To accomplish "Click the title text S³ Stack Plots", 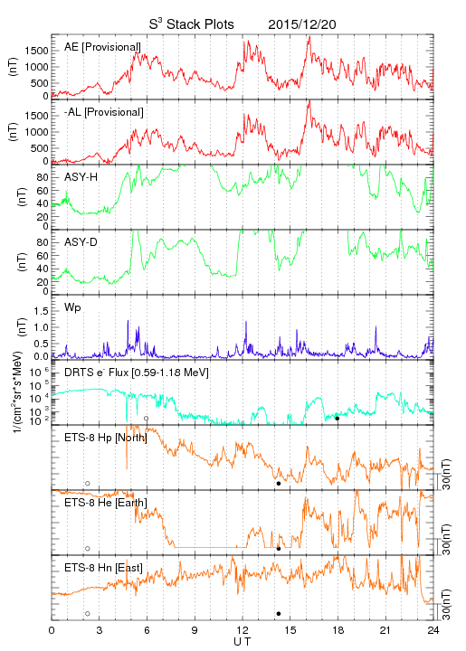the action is (x=192, y=24).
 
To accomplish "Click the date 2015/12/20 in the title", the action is (x=302, y=24).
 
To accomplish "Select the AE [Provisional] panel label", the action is (x=102, y=47).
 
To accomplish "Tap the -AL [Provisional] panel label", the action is (x=104, y=112).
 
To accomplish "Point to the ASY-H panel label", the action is (x=81, y=177).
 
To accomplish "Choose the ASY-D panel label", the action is (x=81, y=242).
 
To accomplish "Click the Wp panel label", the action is (x=72, y=308).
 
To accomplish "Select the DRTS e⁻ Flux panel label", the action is (x=137, y=373).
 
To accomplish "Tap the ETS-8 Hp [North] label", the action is (x=106, y=438).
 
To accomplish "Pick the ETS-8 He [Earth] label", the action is (x=106, y=503).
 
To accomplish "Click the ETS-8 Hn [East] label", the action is (x=103, y=568).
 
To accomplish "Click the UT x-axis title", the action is (x=243, y=641).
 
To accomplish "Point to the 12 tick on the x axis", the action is (x=243, y=630).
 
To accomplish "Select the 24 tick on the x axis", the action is (x=433, y=630).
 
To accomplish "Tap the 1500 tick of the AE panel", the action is (x=36, y=51).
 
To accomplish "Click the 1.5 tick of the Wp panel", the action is (x=41, y=311).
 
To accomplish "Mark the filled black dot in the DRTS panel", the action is (x=338, y=419).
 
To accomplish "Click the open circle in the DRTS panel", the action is (x=147, y=417).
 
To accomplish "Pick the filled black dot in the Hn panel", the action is (x=279, y=614).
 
